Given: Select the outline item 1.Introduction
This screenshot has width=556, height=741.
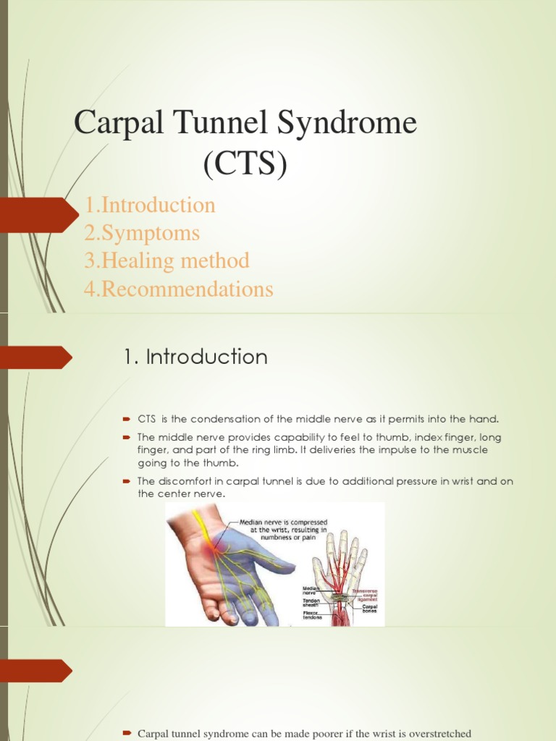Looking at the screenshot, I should tap(150, 206).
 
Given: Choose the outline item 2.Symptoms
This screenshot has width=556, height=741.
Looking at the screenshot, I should tap(142, 234).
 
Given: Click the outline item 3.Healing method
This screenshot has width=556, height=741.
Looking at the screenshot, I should tap(167, 261).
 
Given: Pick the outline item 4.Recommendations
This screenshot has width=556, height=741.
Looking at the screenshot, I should tap(179, 289).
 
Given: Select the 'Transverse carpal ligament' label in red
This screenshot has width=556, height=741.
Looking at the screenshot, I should tap(365, 596).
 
